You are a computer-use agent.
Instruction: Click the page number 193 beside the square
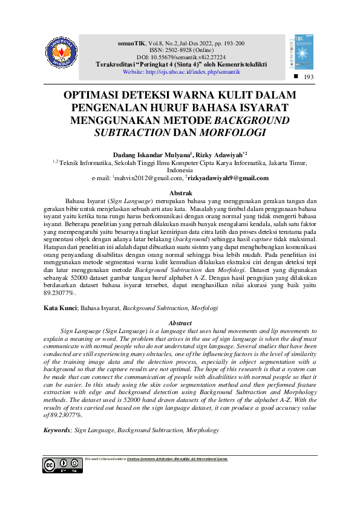click(309, 78)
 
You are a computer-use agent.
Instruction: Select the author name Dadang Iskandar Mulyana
click(147, 155)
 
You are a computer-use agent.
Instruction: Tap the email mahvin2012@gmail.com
click(147, 178)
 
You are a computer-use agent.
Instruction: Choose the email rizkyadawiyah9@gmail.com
click(228, 178)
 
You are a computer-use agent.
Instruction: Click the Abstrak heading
click(180, 192)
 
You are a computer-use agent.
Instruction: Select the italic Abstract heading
click(180, 323)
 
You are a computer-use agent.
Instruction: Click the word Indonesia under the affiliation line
click(180, 170)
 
